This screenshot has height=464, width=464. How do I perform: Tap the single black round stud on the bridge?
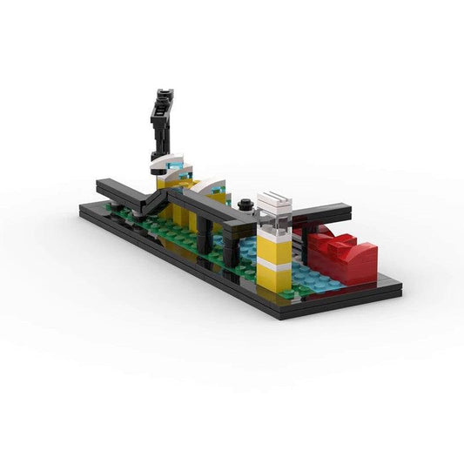(x=246, y=205)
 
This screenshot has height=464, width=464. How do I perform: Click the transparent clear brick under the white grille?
(x=273, y=223)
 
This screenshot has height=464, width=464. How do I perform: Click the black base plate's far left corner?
(x=83, y=206)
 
